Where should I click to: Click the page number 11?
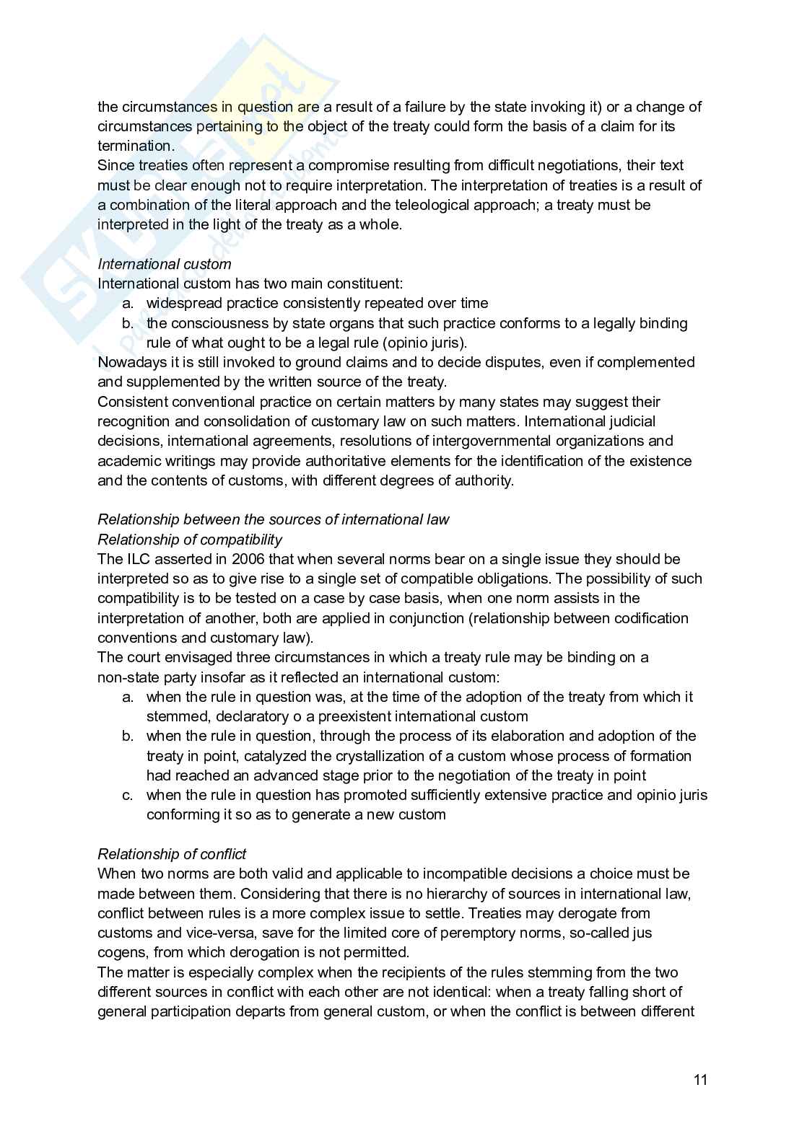700,1080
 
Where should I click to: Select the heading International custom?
165,264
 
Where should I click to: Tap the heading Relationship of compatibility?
190,540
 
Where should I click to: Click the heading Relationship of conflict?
172,854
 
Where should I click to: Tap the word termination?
134,146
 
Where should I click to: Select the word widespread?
180,303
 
